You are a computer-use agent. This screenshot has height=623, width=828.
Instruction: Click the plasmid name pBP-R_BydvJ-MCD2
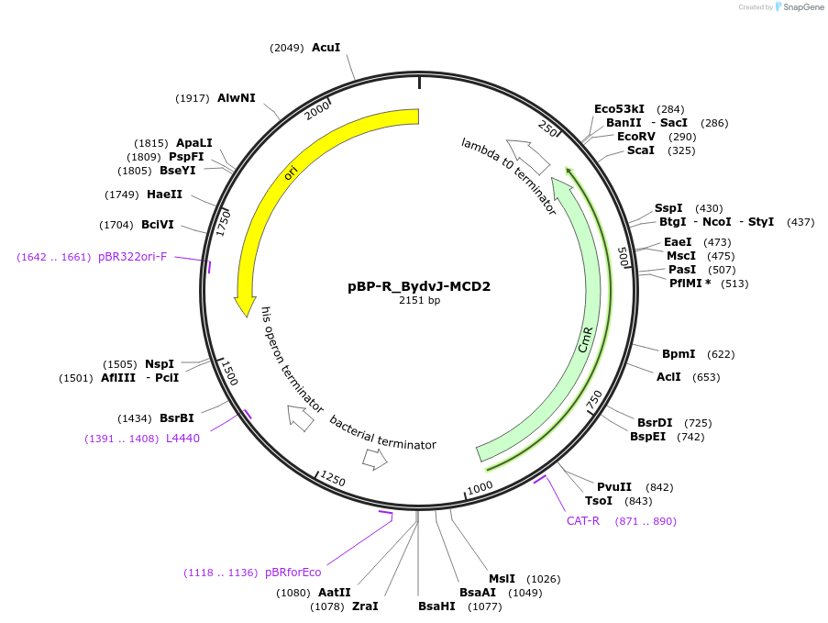click(419, 286)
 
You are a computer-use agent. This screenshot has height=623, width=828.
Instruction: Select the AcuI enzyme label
click(326, 48)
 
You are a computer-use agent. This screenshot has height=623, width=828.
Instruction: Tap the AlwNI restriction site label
click(237, 98)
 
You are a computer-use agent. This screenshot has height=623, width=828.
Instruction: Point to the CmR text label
click(586, 339)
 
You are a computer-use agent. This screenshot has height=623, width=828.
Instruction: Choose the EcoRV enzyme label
click(636, 137)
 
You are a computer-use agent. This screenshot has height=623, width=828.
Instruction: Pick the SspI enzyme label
click(668, 208)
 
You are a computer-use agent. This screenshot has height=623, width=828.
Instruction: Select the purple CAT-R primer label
click(582, 521)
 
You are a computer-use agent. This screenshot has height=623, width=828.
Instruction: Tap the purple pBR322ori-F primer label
click(133, 257)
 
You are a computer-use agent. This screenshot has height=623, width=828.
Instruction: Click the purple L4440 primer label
click(182, 439)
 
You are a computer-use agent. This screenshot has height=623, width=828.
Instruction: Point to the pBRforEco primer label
click(293, 573)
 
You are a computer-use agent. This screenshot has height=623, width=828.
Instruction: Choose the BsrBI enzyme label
click(176, 418)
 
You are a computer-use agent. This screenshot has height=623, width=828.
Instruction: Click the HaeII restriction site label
click(164, 195)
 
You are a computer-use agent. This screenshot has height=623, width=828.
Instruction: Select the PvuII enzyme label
click(614, 487)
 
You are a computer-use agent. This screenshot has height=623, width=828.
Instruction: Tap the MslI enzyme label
click(502, 579)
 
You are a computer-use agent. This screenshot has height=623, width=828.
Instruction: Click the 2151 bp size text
click(419, 300)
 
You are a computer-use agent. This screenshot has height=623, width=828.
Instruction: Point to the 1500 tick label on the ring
click(229, 373)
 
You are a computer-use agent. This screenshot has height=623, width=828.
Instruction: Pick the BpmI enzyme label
click(679, 353)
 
